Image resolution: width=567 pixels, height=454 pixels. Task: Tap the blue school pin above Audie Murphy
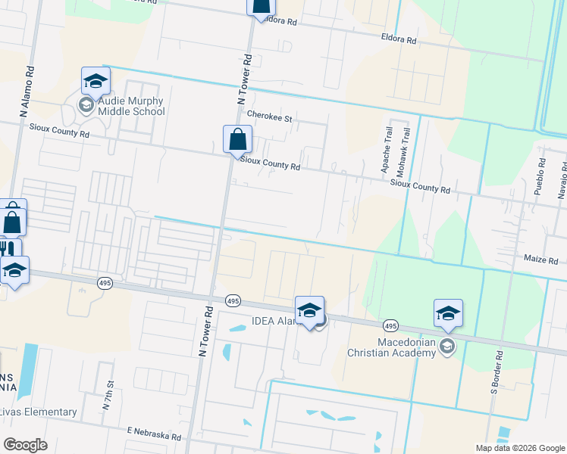[96, 80]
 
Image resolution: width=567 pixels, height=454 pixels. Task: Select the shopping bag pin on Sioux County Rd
[238, 139]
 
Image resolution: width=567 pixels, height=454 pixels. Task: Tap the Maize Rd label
[541, 260]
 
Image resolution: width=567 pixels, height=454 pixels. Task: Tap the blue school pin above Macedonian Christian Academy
[448, 313]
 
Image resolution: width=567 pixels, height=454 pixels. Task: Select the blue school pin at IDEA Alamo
[309, 310]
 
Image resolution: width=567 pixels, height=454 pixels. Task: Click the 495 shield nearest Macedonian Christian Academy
[390, 325]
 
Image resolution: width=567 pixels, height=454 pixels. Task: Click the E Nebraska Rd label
[154, 434]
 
